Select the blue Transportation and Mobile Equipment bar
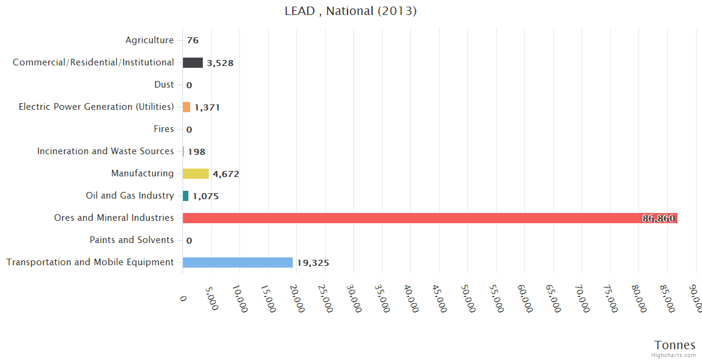point(238,262)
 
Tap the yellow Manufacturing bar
point(196,173)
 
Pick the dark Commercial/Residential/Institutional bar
point(193,62)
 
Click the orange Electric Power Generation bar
point(187,107)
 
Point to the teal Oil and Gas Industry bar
point(185,196)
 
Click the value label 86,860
point(658,218)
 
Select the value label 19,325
point(313,263)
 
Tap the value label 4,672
point(226,174)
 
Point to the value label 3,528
point(220,63)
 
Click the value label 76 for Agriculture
point(193,41)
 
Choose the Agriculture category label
point(149,40)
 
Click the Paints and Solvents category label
point(131,240)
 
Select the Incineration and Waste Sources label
point(106,151)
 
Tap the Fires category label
point(164,129)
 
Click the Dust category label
point(164,85)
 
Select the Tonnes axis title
point(674,345)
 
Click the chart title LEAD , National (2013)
point(350,11)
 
